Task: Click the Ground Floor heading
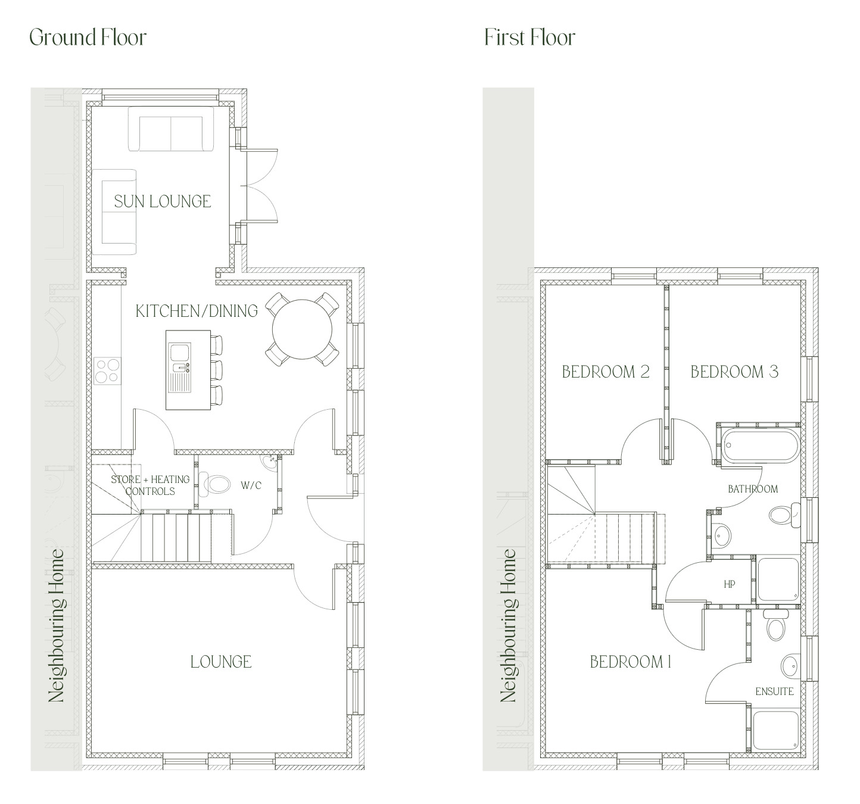click(88, 38)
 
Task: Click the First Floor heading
click(529, 38)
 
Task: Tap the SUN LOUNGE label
click(163, 201)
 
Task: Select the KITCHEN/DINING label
click(197, 311)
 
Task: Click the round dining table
click(303, 329)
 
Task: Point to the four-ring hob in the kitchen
click(107, 370)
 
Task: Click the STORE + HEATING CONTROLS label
click(150, 485)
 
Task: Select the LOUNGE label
click(221, 662)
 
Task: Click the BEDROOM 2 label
click(606, 372)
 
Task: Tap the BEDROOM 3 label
click(734, 372)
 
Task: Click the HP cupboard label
click(730, 585)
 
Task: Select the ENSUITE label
click(774, 691)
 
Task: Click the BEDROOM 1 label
click(631, 662)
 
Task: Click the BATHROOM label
click(753, 489)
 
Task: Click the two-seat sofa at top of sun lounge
click(171, 129)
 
